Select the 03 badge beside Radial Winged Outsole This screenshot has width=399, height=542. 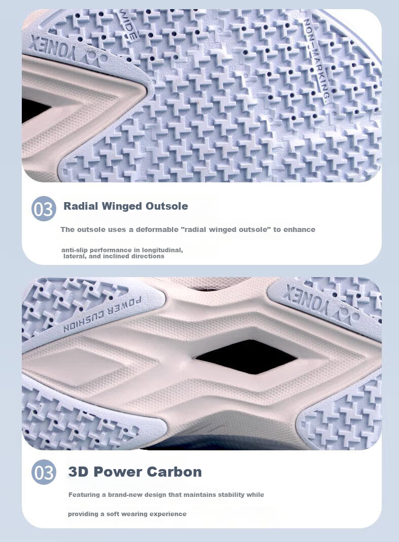[x=44, y=208]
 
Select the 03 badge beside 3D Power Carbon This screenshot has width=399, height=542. [x=44, y=472]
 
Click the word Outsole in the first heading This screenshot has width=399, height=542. [x=167, y=206]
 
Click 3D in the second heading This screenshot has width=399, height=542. [x=79, y=472]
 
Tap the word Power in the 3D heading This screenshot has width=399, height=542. [x=118, y=472]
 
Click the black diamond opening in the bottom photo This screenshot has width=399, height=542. [x=246, y=357]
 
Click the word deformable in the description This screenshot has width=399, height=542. [x=157, y=229]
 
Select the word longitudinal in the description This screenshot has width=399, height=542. [x=162, y=250]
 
